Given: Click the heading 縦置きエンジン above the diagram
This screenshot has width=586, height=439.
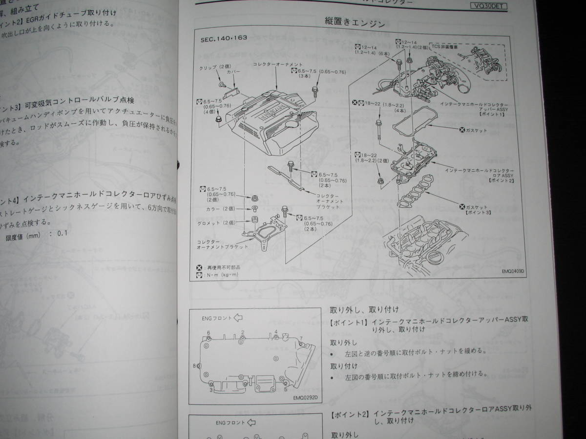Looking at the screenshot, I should tap(355, 22).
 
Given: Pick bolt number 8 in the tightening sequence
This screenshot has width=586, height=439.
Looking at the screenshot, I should tap(195, 365).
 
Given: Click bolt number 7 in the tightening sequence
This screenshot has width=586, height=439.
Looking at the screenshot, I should tap(301, 338).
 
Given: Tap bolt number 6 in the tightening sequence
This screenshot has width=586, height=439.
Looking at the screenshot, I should tap(209, 333).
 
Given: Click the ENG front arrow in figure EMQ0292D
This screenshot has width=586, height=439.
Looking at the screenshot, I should tap(238, 318).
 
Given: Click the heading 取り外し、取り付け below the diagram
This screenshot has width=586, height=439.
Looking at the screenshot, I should tap(364, 309).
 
